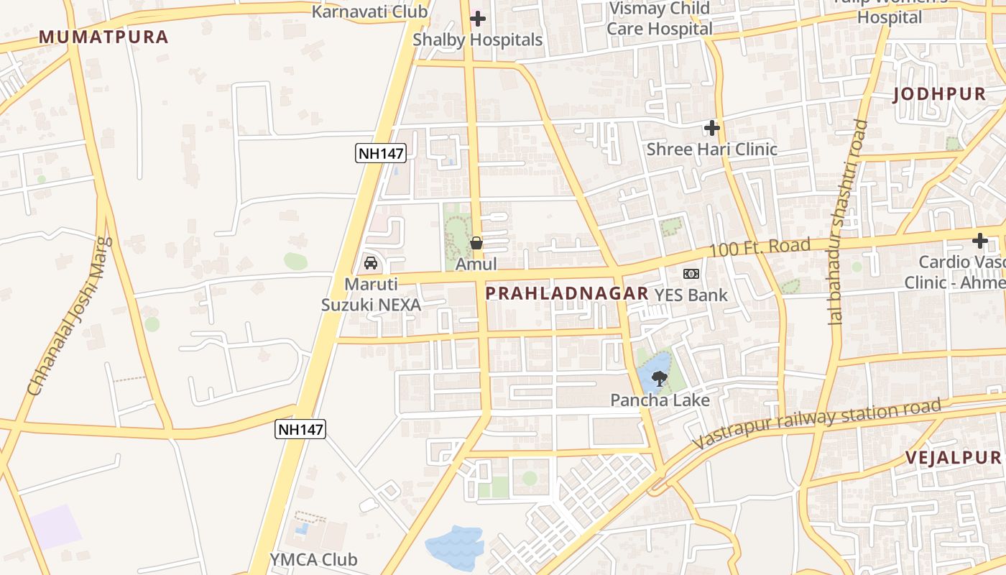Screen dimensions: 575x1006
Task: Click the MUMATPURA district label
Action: point(103,37)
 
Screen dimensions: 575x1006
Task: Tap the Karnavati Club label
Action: point(370,11)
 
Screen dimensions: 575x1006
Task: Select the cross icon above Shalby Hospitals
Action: point(478,19)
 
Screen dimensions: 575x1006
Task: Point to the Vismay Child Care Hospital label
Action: point(659,19)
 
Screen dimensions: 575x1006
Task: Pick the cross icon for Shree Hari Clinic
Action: point(712,128)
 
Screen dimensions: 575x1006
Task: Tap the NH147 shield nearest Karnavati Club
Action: point(381,152)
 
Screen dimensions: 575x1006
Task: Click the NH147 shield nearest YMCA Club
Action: point(301,429)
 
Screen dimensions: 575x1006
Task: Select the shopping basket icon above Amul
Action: point(476,244)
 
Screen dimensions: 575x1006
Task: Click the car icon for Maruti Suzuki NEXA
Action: point(371,263)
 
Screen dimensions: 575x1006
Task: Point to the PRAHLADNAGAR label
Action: point(567,293)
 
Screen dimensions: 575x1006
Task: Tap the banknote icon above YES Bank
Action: point(691,274)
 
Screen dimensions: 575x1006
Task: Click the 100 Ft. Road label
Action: point(760,248)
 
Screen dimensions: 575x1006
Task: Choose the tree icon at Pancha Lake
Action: point(659,378)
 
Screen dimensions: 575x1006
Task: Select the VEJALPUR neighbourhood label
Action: point(953,458)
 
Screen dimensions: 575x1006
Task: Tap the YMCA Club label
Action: point(313,559)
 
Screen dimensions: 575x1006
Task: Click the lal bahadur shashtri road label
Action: point(846,223)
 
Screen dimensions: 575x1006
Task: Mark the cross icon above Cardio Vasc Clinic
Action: point(980,241)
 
